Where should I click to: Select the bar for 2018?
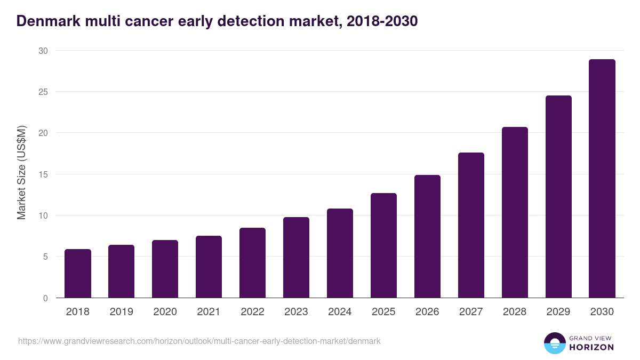tap(78, 274)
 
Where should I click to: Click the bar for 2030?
tap(602, 179)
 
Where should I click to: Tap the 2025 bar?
tap(384, 245)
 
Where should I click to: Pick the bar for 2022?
tap(253, 263)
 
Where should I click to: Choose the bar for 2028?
tap(515, 212)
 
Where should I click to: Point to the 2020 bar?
tap(165, 269)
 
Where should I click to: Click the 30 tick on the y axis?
tap(43, 51)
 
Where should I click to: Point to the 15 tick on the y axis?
tap(43, 174)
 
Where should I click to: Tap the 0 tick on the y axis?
tap(45, 298)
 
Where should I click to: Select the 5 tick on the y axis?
tap(45, 257)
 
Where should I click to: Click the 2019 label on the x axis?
tap(122, 312)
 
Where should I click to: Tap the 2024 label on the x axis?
tap(340, 312)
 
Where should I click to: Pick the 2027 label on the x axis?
tap(471, 312)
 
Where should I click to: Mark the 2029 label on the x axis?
tap(558, 312)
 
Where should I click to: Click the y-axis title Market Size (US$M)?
tap(21, 173)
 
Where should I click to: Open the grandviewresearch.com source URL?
tap(199, 341)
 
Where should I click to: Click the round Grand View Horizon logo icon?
tap(554, 343)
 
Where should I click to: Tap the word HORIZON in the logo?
tap(592, 347)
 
